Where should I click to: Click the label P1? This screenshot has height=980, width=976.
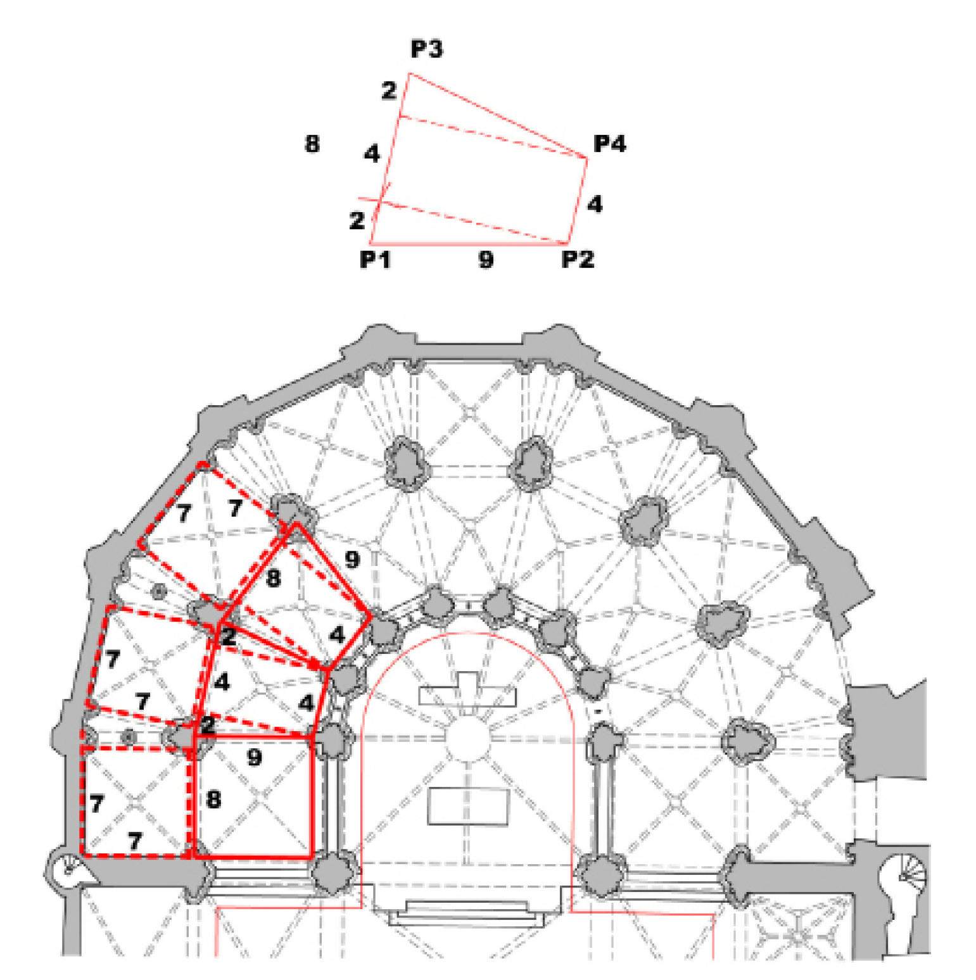click(x=375, y=259)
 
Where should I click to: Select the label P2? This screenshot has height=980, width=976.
click(x=578, y=259)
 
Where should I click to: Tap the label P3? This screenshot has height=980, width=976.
click(x=426, y=49)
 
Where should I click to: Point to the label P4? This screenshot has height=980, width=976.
click(x=609, y=144)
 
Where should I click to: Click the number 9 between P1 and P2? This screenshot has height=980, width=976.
click(x=486, y=259)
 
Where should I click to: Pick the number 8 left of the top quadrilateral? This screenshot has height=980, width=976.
click(x=312, y=144)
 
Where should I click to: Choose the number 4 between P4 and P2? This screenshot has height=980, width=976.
click(x=594, y=204)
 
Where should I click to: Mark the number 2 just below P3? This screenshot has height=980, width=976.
click(x=389, y=91)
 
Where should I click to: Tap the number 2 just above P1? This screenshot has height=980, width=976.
click(x=357, y=220)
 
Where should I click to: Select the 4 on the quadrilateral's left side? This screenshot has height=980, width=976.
click(x=372, y=153)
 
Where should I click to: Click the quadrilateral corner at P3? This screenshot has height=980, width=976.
click(x=409, y=74)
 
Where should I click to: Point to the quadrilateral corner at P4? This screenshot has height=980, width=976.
click(x=587, y=158)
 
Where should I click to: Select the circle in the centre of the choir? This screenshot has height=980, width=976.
click(x=468, y=738)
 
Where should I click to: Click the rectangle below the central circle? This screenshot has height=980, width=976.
click(x=469, y=807)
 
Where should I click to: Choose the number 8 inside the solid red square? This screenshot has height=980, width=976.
click(x=214, y=800)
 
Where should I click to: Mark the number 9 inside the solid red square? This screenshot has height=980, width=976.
click(x=254, y=757)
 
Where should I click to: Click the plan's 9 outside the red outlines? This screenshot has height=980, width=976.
click(x=352, y=559)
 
